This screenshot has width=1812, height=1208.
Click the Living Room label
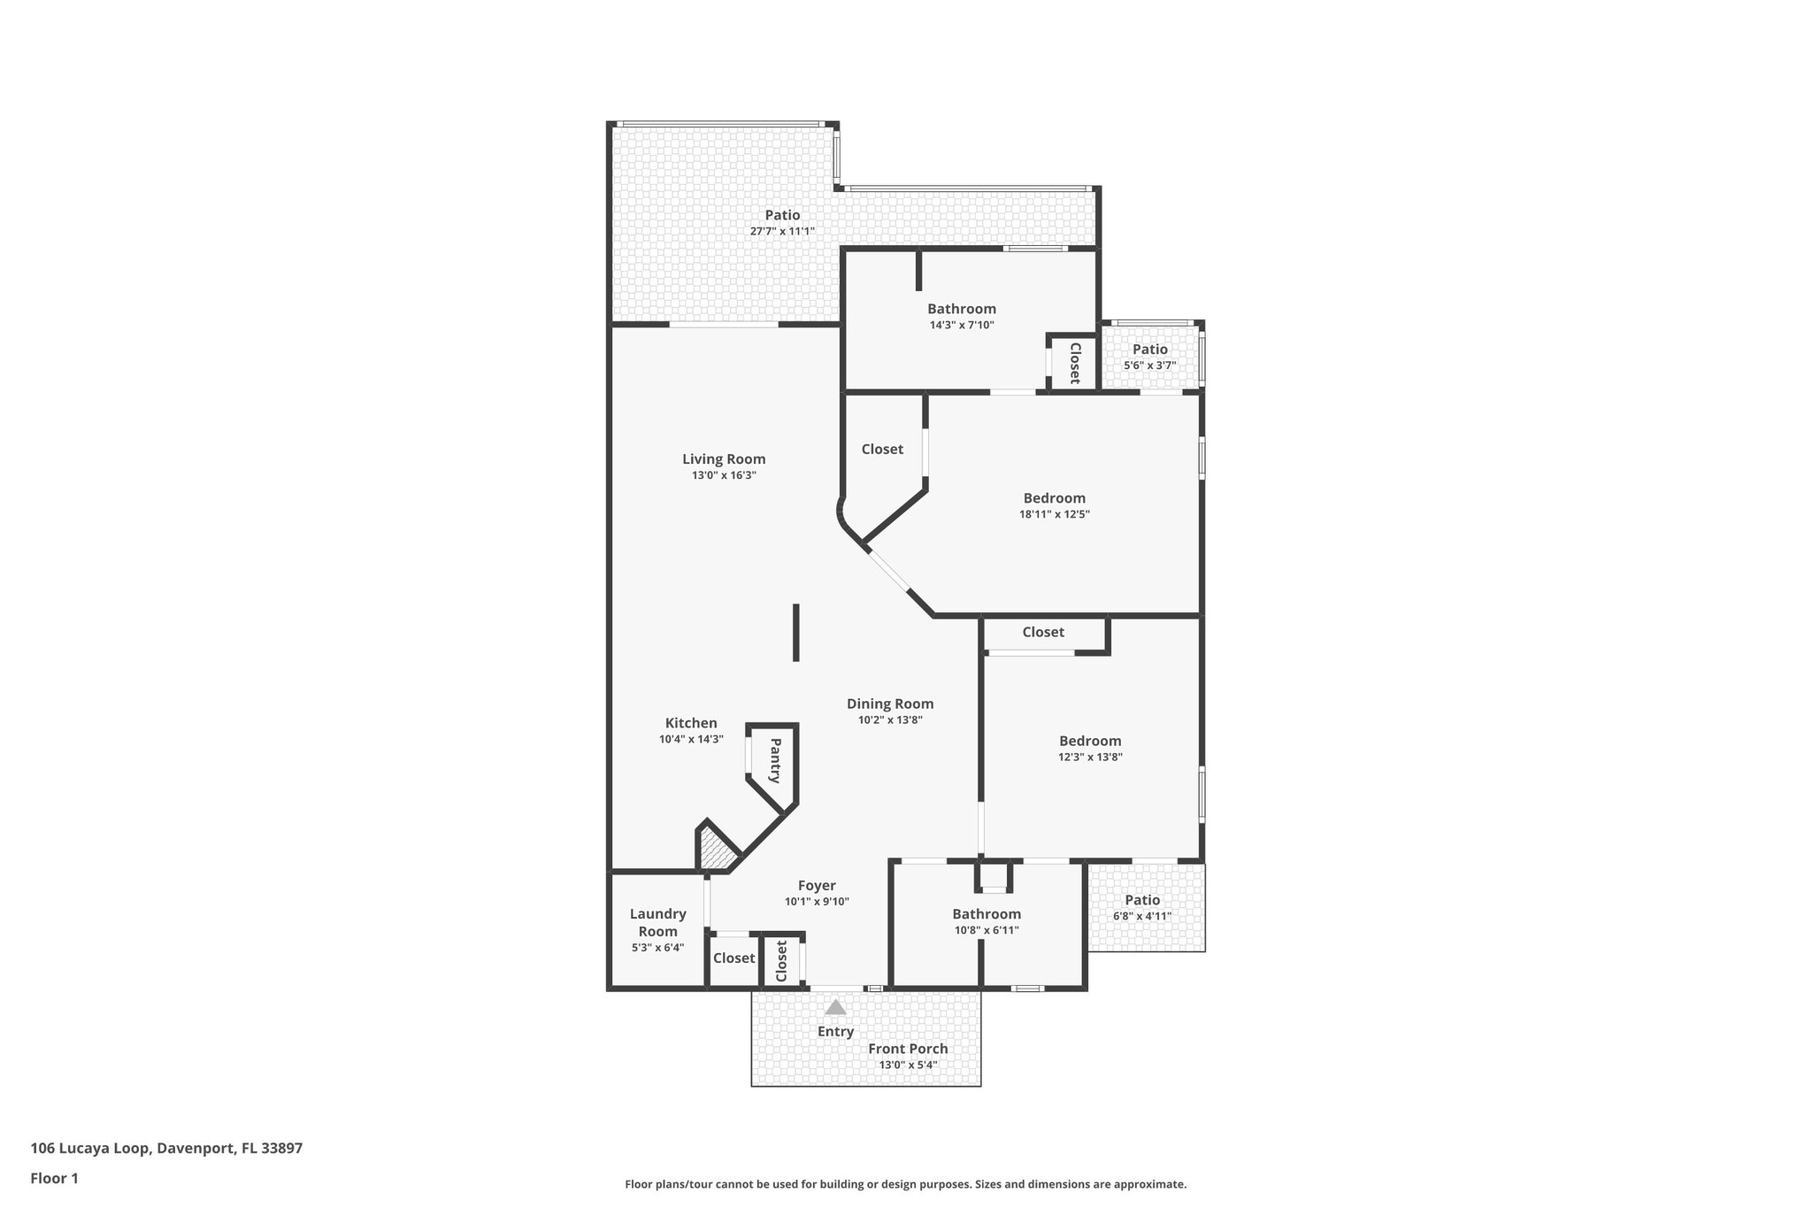(724, 459)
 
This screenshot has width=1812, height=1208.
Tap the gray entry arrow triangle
(835, 1007)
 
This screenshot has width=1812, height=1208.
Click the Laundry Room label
(657, 922)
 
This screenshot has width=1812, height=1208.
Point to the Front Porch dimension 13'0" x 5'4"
(908, 1065)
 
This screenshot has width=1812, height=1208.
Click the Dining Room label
(890, 704)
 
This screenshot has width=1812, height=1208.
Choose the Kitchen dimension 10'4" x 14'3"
(691, 739)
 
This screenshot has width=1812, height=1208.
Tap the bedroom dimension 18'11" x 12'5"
(1054, 514)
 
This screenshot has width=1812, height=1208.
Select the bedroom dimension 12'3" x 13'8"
(1090, 757)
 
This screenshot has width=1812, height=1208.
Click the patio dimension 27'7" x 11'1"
(782, 231)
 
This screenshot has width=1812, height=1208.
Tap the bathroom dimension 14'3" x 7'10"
(962, 325)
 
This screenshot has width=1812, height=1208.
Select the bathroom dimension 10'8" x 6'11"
(987, 930)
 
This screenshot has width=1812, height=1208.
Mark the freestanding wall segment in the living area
(796, 632)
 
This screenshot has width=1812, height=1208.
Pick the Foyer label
(817, 886)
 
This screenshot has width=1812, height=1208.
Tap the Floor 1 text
(54, 1179)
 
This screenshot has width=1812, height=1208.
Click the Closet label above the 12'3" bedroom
(1043, 632)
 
